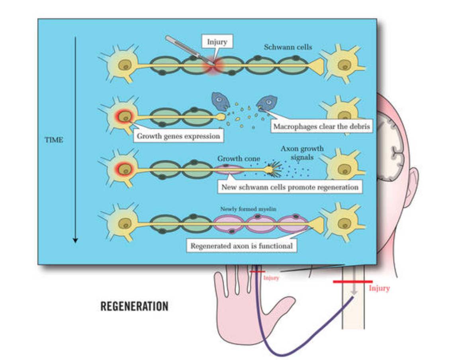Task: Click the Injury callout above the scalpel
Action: (217, 42)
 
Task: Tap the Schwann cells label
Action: (288, 47)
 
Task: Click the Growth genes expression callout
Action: (178, 136)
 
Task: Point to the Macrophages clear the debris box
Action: (321, 127)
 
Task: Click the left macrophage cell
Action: (220, 102)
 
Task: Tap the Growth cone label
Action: (239, 158)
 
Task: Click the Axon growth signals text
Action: (302, 153)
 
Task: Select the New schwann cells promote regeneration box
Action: (290, 187)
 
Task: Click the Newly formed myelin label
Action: (248, 209)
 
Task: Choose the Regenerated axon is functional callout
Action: (241, 246)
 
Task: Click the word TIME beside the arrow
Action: (54, 140)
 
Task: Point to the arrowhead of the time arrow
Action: (75, 240)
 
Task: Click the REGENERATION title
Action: (134, 306)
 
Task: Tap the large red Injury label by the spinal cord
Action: (379, 288)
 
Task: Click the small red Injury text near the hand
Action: (271, 278)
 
